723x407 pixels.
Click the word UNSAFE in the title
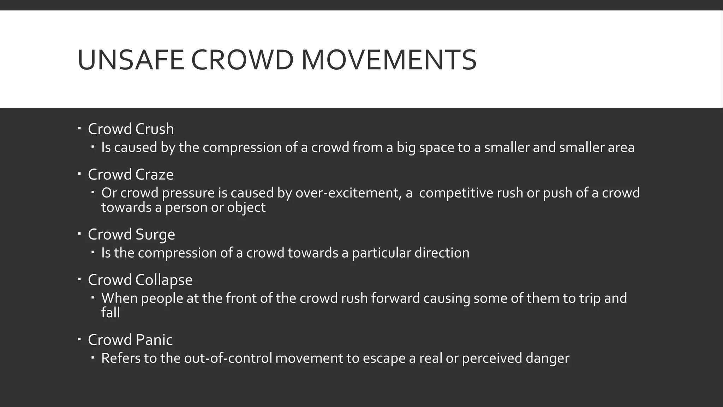coord(131,60)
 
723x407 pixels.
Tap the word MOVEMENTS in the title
coord(389,60)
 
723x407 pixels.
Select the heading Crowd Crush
coord(131,129)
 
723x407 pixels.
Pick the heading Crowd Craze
coord(131,175)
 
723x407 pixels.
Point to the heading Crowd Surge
coord(131,235)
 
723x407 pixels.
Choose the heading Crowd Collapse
coord(140,280)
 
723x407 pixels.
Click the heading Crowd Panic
coord(130,340)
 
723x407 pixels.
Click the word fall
coord(110,313)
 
